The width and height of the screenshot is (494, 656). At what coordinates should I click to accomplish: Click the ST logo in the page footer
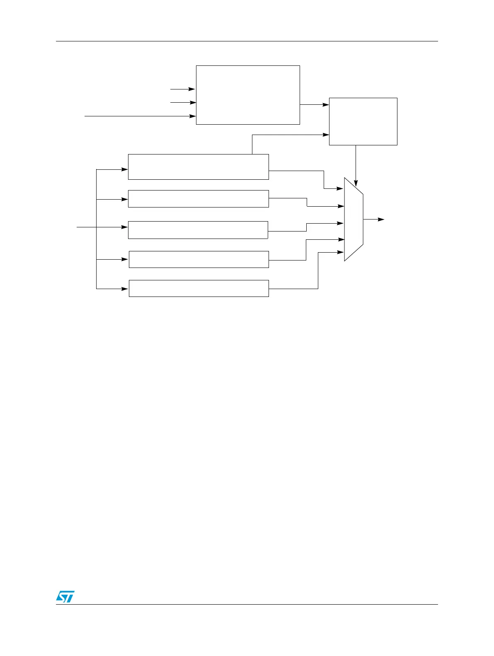pyautogui.click(x=65, y=596)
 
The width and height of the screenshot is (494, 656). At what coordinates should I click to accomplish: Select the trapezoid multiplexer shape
pyautogui.click(x=354, y=219)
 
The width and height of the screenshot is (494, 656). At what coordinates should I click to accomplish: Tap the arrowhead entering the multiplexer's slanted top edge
pyautogui.click(x=356, y=183)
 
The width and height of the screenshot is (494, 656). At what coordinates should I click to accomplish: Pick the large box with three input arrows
pyautogui.click(x=248, y=95)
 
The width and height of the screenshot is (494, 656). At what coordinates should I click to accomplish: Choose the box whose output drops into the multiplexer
pyautogui.click(x=363, y=121)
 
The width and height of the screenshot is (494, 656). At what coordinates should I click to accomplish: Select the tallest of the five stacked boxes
pyautogui.click(x=198, y=167)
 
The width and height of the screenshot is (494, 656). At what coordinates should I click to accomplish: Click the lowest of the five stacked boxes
pyautogui.click(x=199, y=288)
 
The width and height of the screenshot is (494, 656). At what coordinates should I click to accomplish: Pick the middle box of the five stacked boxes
pyautogui.click(x=198, y=230)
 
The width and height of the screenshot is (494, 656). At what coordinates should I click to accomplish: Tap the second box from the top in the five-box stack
pyautogui.click(x=198, y=199)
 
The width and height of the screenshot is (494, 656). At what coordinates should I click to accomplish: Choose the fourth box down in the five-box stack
pyautogui.click(x=199, y=259)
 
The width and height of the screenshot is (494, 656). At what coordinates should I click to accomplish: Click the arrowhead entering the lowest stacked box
pyautogui.click(x=125, y=289)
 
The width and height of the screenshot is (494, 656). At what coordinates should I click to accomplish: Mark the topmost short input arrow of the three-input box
pyautogui.click(x=182, y=89)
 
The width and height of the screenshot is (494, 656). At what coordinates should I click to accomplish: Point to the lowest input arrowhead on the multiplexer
pyautogui.click(x=341, y=252)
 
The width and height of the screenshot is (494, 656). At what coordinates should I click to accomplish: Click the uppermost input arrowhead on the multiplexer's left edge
pyautogui.click(x=341, y=189)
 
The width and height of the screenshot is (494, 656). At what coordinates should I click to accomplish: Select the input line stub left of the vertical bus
pyautogui.click(x=86, y=227)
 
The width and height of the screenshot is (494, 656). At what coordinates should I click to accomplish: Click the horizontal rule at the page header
pyautogui.click(x=247, y=41)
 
